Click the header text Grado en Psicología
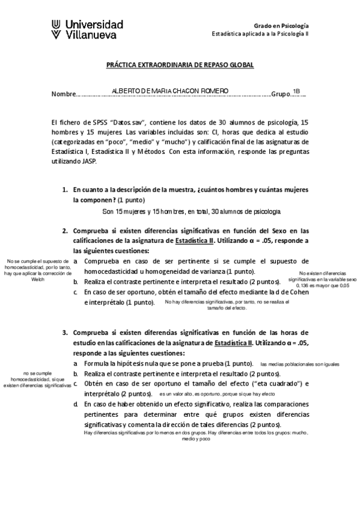[282, 26]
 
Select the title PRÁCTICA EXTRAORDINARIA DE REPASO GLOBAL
[180, 64]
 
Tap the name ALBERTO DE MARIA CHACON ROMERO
[170, 91]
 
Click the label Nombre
[64, 94]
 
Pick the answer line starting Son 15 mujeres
[191, 211]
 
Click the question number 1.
[66, 190]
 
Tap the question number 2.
[66, 230]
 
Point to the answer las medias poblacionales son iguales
[299, 364]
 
